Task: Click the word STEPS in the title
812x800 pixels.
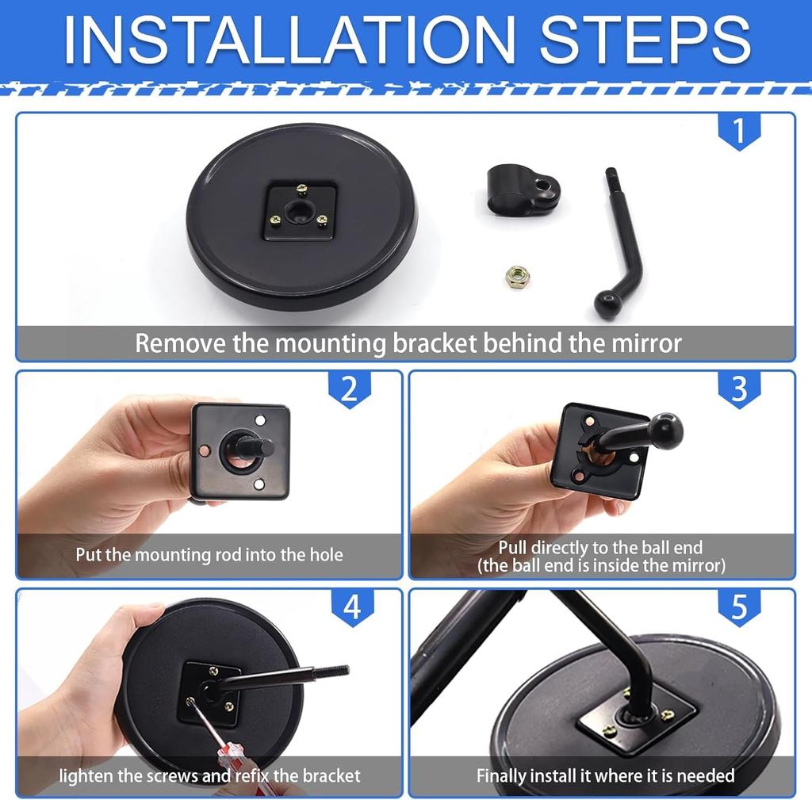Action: [645, 40]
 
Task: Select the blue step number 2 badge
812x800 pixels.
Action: [350, 389]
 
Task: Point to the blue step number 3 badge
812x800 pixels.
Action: [739, 389]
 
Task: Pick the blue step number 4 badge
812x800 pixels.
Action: [352, 607]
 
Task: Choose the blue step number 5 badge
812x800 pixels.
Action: [739, 607]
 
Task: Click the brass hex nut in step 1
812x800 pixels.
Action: [518, 277]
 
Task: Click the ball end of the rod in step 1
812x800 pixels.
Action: [607, 304]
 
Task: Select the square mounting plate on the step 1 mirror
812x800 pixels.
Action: [301, 212]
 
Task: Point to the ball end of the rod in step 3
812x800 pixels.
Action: [666, 431]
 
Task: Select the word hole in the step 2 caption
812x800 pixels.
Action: [326, 554]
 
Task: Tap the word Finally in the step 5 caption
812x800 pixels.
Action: [502, 775]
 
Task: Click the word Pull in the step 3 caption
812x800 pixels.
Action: [513, 547]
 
